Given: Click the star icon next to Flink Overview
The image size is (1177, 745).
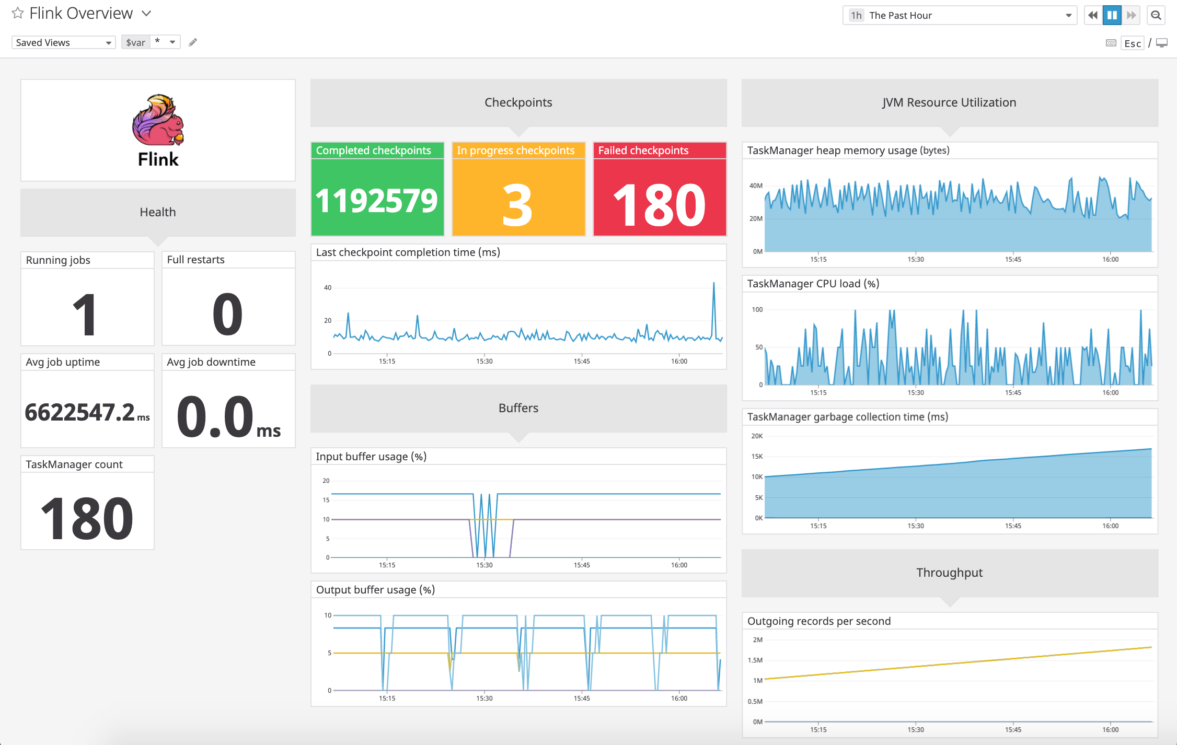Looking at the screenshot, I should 18,13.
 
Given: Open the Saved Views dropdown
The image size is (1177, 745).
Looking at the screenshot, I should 63,42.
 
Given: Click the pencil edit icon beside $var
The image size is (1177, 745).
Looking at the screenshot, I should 193,42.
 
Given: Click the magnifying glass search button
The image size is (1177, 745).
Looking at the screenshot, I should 1156,15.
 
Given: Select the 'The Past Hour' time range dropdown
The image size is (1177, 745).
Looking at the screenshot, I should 959,15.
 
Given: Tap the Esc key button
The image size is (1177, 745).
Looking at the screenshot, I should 1133,43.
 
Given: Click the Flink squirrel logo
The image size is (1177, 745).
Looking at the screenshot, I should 158,120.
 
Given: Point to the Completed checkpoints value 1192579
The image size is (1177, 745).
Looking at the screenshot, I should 376,201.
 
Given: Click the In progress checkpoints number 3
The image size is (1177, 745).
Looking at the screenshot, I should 517,205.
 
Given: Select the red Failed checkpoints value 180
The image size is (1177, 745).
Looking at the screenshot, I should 659,205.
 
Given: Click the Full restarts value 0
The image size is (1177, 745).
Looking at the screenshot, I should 228,313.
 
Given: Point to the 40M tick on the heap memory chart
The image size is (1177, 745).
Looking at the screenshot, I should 756,185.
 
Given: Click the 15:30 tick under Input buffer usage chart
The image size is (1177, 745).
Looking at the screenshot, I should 484,565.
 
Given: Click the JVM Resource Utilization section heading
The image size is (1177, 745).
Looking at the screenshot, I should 949,102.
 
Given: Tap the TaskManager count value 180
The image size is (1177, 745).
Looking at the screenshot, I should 87,518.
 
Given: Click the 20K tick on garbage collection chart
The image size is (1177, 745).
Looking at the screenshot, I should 757,436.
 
